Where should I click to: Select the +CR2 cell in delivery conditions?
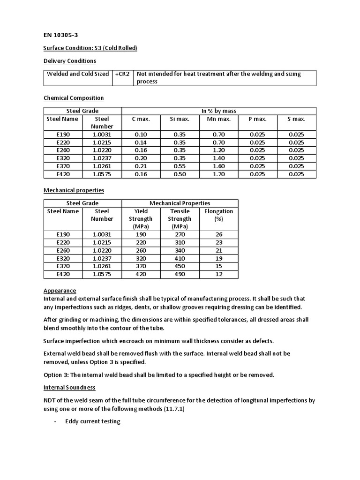coord(123,74)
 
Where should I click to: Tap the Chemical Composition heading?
coord(74,98)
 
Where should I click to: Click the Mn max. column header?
coord(218,119)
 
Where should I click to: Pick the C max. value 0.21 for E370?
coord(141,166)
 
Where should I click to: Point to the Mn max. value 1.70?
coord(218,174)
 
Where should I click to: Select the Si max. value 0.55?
coord(179,166)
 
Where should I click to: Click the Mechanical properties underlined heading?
coord(74,190)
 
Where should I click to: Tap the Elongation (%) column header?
coord(218,215)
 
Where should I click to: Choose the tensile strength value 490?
coord(180,274)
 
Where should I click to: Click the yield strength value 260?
coord(141,250)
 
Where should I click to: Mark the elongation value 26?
coord(218,234)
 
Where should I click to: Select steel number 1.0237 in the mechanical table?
coord(102,258)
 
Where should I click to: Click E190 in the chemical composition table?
coord(63,134)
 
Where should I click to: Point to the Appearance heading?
coord(60,291)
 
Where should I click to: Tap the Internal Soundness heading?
coord(69,388)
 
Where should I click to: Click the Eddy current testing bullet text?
coord(93,421)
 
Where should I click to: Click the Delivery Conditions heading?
coord(70,61)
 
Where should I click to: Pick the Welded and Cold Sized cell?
coord(78,74)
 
